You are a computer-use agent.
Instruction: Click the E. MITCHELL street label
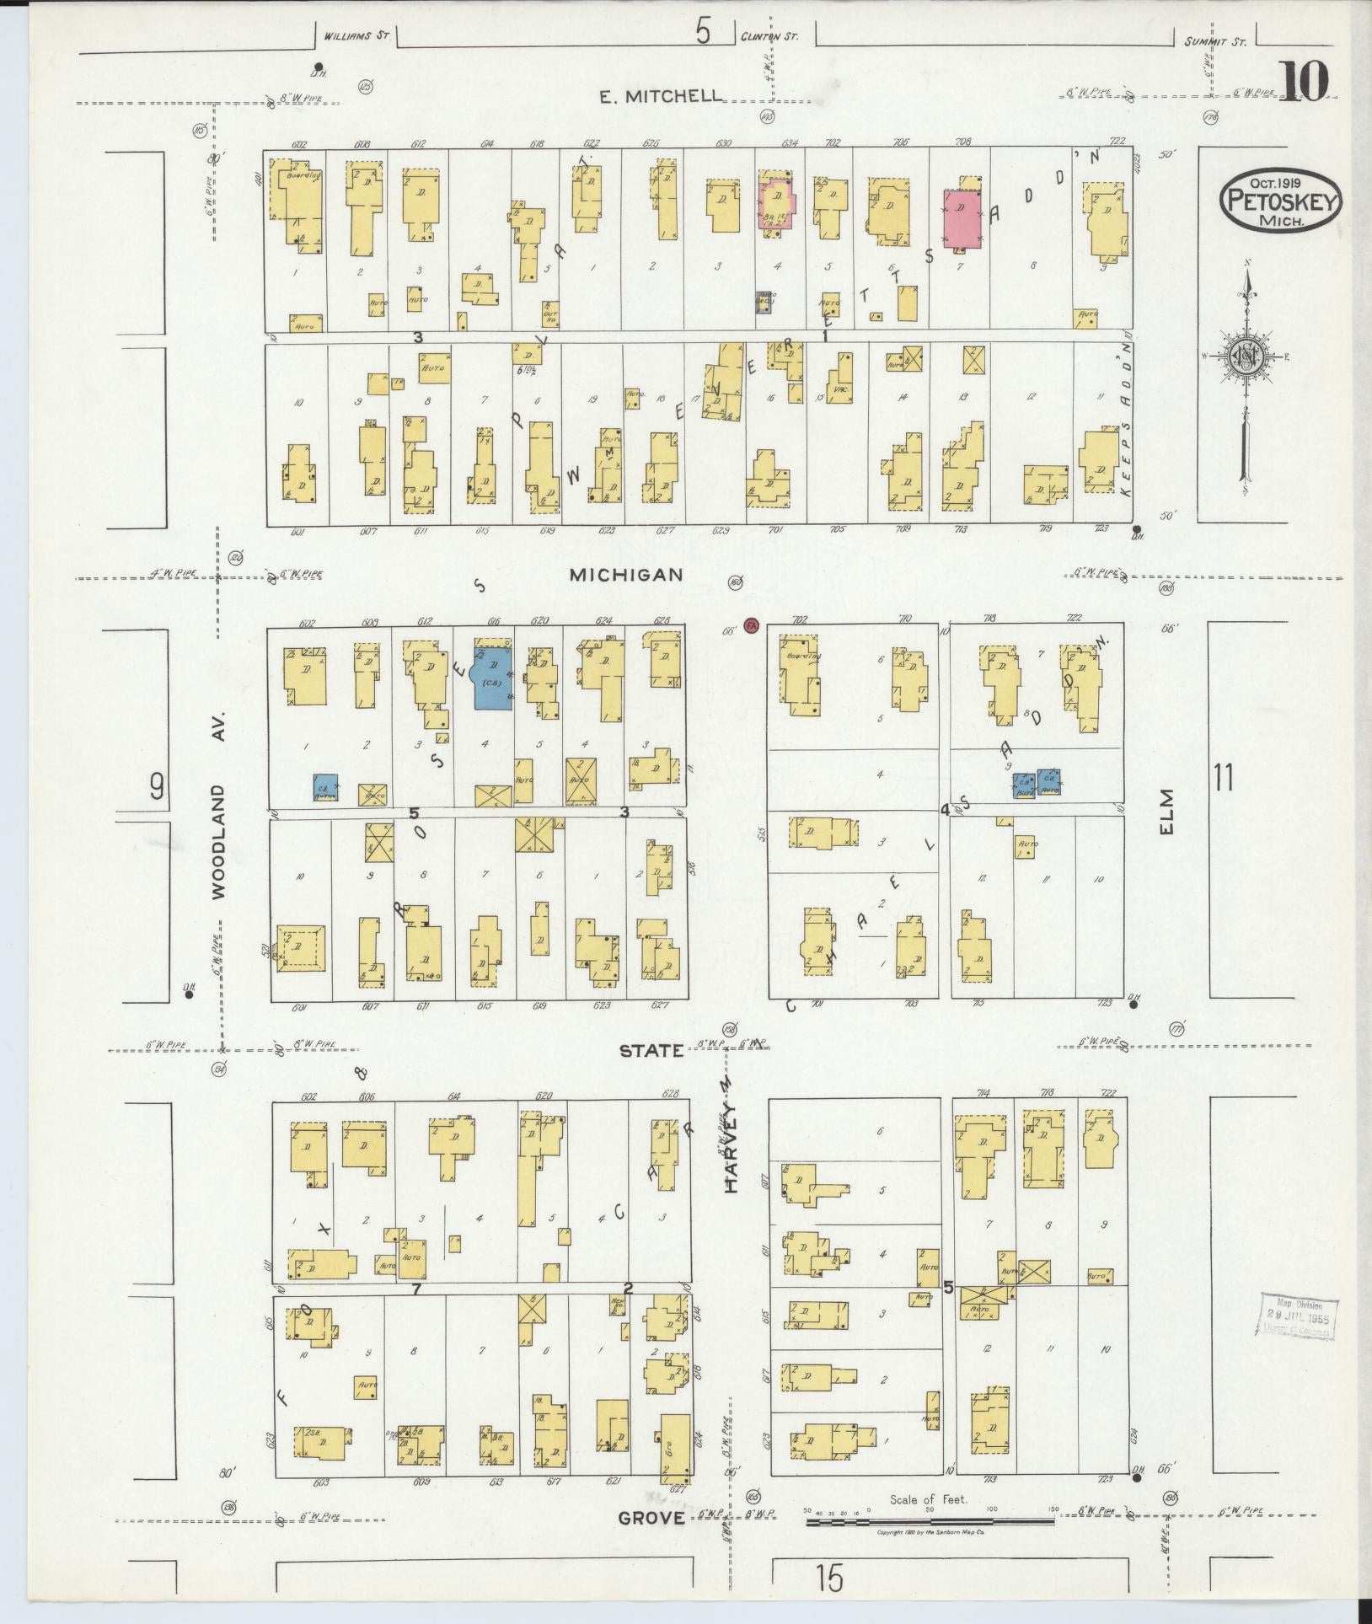coord(661,96)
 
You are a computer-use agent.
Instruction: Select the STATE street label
coord(651,1051)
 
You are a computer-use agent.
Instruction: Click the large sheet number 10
coord(1305,81)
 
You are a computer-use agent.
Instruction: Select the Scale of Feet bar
coord(930,1520)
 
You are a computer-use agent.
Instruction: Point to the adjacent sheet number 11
coord(1223,777)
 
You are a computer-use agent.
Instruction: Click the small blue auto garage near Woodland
coord(326,787)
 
